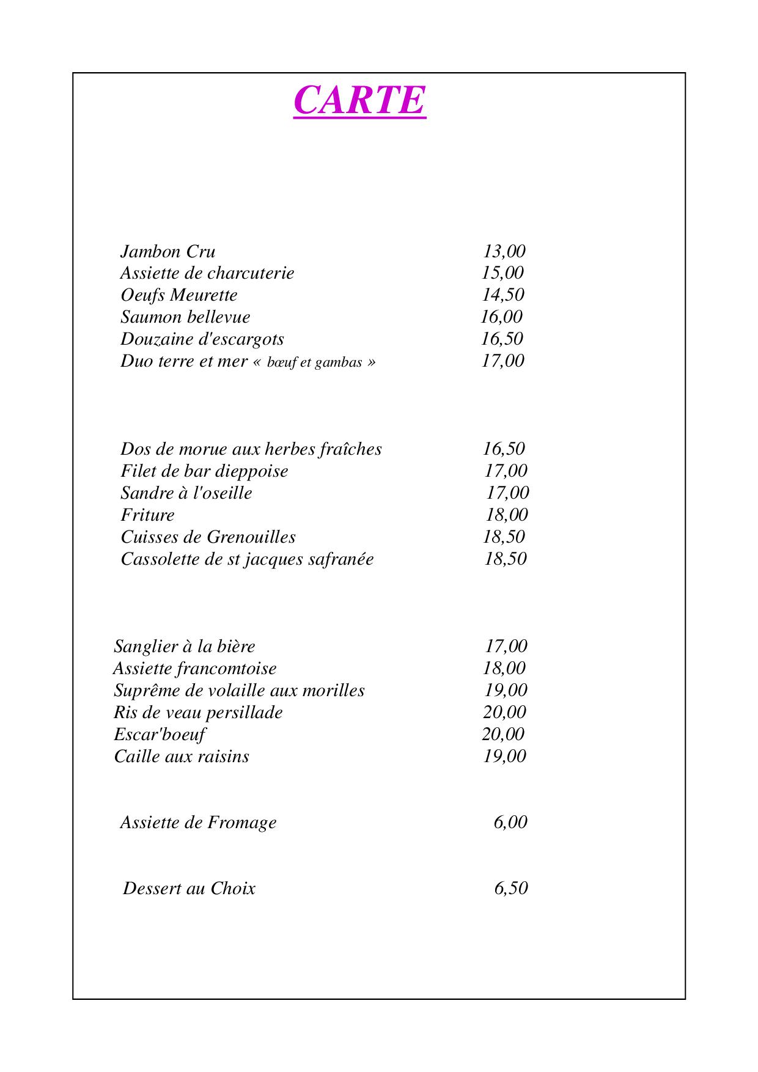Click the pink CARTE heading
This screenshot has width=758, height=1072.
[x=359, y=100]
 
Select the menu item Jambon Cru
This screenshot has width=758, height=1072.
[x=167, y=252]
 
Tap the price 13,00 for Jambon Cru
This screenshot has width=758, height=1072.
[x=504, y=251]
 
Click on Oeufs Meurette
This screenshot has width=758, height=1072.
[x=179, y=295]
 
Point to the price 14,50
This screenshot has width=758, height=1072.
[x=503, y=295]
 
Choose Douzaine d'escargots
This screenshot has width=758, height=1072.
[x=202, y=339]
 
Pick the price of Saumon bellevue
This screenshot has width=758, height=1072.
[x=501, y=317]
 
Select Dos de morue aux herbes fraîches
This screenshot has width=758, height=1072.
[x=251, y=449]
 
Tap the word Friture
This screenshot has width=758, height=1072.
[x=147, y=515]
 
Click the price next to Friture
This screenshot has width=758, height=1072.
[x=507, y=515]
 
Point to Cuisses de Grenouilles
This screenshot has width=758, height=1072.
[x=208, y=537]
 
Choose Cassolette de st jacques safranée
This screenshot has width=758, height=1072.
[x=247, y=559]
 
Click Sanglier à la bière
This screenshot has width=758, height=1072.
[x=184, y=647]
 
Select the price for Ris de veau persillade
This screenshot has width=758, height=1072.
[x=504, y=713]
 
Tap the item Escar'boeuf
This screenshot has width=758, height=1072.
[x=160, y=735]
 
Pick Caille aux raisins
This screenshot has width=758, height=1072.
[x=182, y=757]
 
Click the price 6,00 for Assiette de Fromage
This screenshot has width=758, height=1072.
[x=510, y=823]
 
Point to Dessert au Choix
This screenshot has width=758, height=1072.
[x=189, y=889]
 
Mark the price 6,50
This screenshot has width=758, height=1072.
[x=510, y=889]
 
